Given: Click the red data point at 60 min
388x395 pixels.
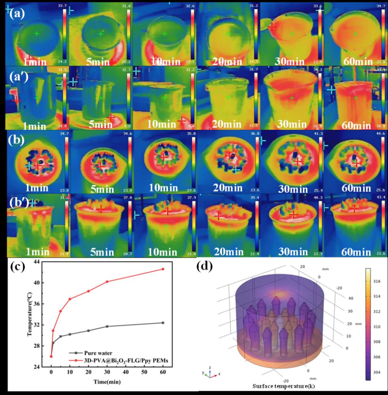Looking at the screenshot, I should click(x=163, y=269).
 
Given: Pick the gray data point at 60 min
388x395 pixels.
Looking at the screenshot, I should click(x=163, y=323).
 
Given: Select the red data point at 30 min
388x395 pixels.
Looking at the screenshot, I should click(x=107, y=281).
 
